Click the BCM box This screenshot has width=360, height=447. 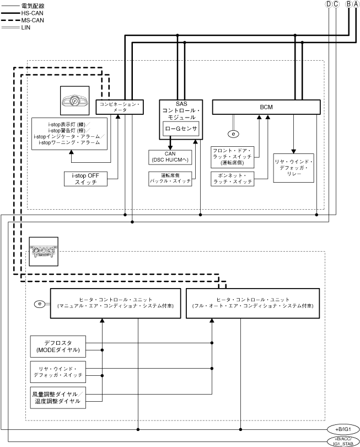pos(266,107)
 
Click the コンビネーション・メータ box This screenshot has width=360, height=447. pos(120,107)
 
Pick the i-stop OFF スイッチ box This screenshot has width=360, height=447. pos(85,179)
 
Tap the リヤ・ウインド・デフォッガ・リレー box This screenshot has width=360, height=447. pos(293,168)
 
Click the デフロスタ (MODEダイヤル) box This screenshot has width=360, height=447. pos(57,346)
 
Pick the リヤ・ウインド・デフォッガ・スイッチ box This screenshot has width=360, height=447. pos(57,371)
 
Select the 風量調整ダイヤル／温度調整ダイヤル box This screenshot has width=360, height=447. pos(57,397)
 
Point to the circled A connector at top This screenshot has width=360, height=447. pos(356,4)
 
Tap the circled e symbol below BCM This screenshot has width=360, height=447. pos(233,134)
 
